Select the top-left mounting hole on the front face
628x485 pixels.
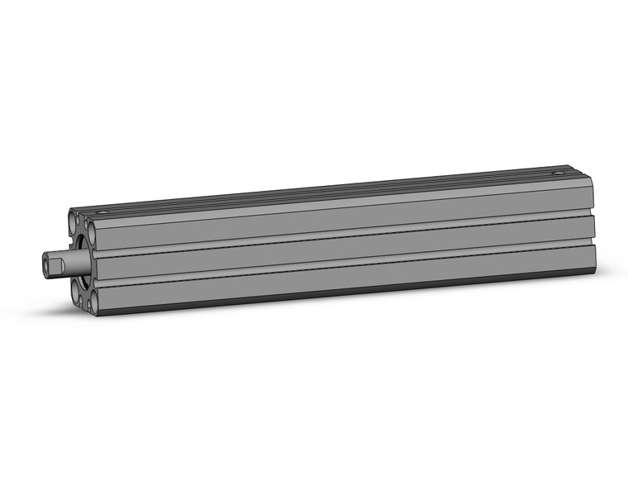(x=74, y=221)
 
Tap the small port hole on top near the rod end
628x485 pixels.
(x=102, y=212)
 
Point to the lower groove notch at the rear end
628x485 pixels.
(x=594, y=242)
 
